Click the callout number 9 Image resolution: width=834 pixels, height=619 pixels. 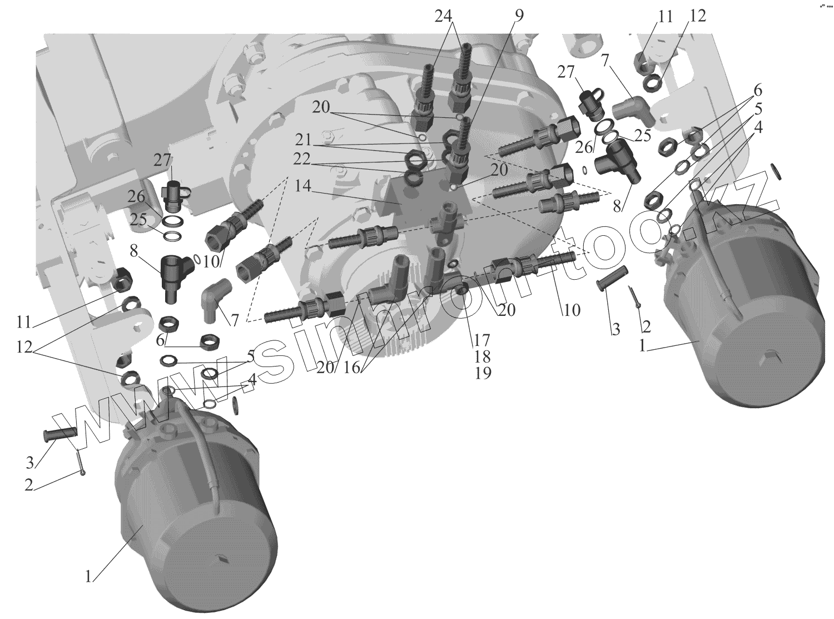[x=519, y=16]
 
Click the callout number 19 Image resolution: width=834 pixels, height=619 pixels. [x=483, y=373]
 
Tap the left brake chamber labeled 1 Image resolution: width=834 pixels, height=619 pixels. [x=195, y=501]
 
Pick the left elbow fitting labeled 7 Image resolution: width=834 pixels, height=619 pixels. [x=214, y=299]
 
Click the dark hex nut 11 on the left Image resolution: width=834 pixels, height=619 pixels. [x=122, y=279]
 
